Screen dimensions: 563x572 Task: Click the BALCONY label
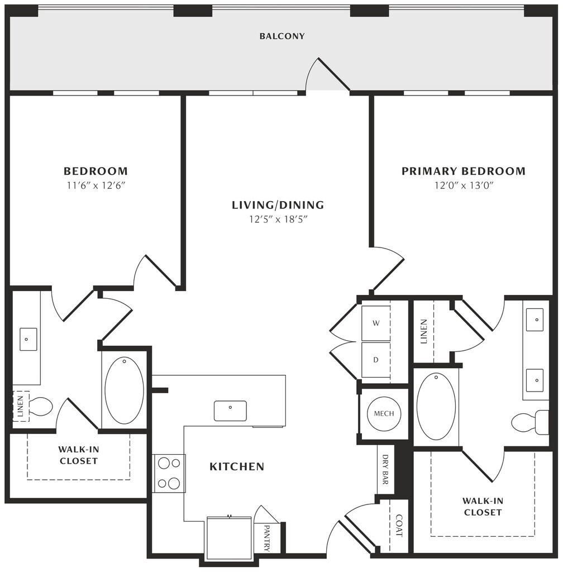tap(282, 36)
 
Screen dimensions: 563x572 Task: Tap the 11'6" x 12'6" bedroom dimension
tap(96, 185)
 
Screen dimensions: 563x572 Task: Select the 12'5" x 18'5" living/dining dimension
tap(278, 219)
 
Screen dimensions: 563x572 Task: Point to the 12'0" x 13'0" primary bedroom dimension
tap(464, 185)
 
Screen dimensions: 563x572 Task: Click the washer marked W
tap(376, 323)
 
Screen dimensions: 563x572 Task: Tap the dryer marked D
tap(376, 360)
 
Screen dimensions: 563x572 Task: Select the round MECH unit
tap(384, 414)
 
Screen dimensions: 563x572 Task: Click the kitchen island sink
tap(230, 411)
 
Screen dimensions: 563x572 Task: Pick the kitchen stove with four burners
tap(169, 474)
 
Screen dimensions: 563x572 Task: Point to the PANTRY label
tap(267, 538)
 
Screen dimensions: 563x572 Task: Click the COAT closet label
tap(399, 526)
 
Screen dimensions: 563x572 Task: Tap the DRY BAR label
tap(385, 469)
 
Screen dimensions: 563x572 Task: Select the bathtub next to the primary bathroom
tap(436, 407)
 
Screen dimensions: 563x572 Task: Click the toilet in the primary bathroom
tap(530, 422)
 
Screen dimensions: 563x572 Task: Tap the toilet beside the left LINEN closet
tap(41, 407)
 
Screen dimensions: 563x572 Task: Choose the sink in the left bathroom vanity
tap(28, 339)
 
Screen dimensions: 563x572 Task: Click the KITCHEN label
tap(237, 466)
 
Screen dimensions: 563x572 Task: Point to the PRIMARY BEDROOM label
tap(464, 171)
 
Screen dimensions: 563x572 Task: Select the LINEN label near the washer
tap(423, 332)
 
